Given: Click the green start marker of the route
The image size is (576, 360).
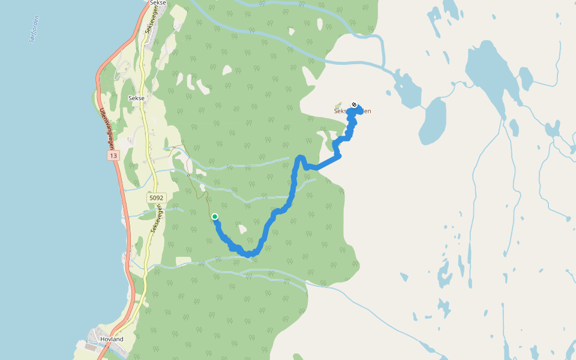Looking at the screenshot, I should click(x=214, y=217).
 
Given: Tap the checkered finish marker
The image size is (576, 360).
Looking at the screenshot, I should click(x=355, y=105).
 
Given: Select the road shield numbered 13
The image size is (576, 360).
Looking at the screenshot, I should click(x=113, y=155).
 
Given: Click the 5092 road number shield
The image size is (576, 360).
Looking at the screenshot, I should click(x=156, y=197).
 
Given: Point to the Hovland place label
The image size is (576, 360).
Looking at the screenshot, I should click(x=112, y=339).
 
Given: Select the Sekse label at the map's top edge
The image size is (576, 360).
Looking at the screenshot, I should click(x=157, y=3).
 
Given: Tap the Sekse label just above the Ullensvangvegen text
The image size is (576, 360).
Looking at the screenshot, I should click(x=136, y=97).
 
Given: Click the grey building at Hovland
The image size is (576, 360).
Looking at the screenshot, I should click(x=90, y=347).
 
